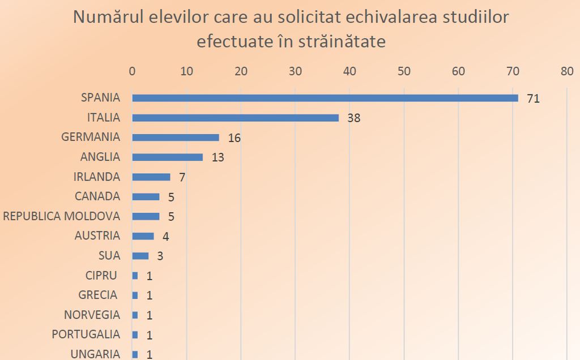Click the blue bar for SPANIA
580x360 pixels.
click(x=325, y=98)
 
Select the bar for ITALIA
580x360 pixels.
click(x=235, y=118)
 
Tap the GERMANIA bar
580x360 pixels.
click(x=176, y=138)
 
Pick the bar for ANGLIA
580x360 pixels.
click(x=167, y=157)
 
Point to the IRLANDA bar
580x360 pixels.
click(x=151, y=177)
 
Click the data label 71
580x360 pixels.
click(x=532, y=99)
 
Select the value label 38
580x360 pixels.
click(x=353, y=118)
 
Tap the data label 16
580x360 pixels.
click(x=234, y=138)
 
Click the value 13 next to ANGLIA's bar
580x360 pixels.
click(x=217, y=157)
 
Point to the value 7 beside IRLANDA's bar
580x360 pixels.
click(x=182, y=177)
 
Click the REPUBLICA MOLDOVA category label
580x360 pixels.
click(x=61, y=216)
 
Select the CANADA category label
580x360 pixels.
click(x=97, y=196)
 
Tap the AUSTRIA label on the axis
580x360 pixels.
click(x=97, y=235)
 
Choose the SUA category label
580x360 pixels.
click(x=109, y=255)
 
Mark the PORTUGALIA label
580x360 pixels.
click(x=86, y=334)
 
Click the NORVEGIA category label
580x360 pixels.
click(x=92, y=315)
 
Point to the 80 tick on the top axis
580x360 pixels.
click(x=566, y=71)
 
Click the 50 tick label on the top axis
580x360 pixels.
click(x=403, y=71)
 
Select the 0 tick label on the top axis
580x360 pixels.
click(x=132, y=71)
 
